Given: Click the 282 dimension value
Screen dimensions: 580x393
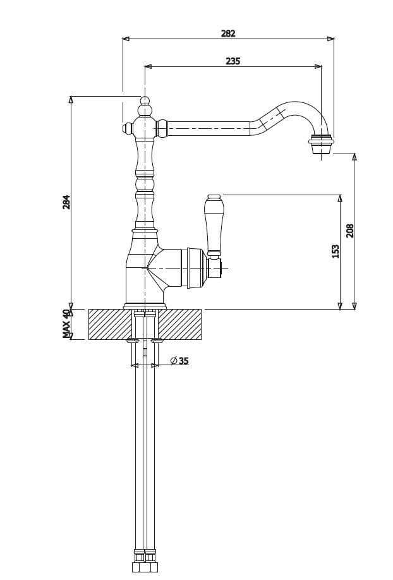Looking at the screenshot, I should click(x=228, y=33).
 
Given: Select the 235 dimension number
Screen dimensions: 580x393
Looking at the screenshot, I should click(x=233, y=61).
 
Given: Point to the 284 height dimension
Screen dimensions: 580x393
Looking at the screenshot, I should click(x=66, y=202).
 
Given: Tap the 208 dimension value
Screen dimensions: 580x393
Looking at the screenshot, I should click(x=350, y=230).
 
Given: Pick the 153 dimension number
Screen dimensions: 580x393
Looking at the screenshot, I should click(x=336, y=251).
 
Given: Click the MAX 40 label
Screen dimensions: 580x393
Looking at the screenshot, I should click(x=66, y=324).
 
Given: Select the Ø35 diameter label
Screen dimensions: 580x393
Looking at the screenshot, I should click(x=179, y=361).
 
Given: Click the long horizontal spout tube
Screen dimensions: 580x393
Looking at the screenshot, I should click(x=209, y=129).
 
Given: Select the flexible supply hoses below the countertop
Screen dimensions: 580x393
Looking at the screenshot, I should click(x=145, y=455).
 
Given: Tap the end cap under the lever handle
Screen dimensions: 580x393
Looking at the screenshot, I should click(x=215, y=269).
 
